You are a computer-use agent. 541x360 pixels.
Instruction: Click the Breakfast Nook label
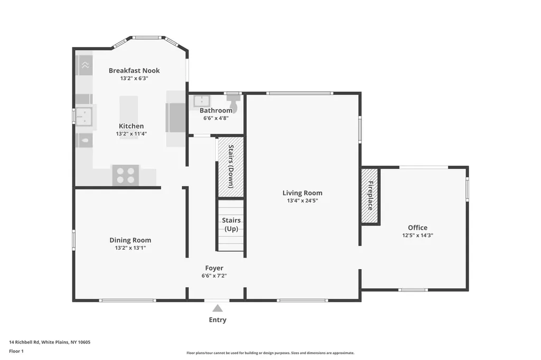134,70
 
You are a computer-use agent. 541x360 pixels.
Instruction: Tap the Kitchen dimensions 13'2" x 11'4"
131,134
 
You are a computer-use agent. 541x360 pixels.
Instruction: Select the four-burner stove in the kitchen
126,175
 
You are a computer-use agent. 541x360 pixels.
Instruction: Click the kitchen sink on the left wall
84,116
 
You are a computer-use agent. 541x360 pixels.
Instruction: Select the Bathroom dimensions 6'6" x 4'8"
216,118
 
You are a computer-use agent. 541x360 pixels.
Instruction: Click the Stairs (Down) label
231,166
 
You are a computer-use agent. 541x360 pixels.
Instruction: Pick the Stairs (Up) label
231,224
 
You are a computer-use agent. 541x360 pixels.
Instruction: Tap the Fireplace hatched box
370,195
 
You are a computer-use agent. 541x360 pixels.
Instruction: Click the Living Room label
302,193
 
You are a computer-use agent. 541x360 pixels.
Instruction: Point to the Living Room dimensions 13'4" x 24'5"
302,201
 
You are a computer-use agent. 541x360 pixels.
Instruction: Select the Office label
417,228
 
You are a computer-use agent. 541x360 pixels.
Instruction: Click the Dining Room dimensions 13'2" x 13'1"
130,248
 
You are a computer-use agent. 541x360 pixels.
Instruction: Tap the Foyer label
214,268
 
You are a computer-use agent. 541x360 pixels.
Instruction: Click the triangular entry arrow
217,308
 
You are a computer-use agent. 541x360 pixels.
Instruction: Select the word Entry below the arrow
218,320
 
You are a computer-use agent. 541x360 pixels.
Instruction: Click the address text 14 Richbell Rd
24,342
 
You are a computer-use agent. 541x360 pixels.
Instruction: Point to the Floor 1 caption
16,351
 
